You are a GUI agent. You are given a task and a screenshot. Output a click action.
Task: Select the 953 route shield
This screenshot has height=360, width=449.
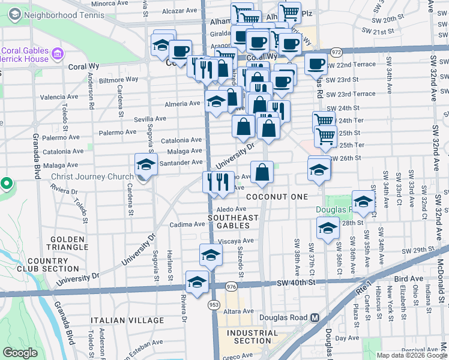point(214,305)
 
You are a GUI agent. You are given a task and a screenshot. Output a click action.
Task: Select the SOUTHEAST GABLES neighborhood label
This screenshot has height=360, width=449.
point(233,221)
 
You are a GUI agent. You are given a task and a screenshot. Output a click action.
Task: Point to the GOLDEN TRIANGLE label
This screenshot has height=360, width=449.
point(67,243)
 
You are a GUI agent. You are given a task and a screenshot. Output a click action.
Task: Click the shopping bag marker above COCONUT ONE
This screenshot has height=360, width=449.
point(262,173)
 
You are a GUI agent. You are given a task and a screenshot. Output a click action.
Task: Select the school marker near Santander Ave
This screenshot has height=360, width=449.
point(146,164)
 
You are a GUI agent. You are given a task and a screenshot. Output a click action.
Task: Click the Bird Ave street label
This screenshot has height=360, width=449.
point(409,280)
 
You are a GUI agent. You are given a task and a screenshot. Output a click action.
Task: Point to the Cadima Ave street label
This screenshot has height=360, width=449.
point(187,224)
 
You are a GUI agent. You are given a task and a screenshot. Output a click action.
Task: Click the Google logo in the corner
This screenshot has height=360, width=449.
point(20,353)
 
